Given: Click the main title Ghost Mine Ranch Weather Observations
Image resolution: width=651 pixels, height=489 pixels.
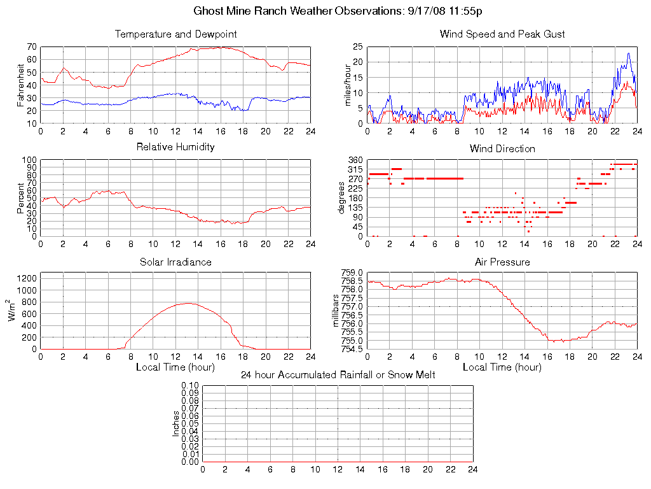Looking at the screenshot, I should [x=336, y=11].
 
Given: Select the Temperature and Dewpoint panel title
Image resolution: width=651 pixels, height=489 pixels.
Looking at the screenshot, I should [x=175, y=34].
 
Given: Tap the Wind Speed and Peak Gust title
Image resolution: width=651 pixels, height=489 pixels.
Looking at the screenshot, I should [x=502, y=34].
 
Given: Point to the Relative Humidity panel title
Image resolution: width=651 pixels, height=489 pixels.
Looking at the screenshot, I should [x=175, y=147].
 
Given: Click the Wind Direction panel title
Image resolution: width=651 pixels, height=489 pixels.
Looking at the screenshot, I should [x=502, y=148].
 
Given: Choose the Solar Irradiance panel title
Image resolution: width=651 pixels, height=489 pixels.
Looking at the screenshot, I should [x=175, y=262].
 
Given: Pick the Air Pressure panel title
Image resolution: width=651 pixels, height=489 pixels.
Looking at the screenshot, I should [x=502, y=262].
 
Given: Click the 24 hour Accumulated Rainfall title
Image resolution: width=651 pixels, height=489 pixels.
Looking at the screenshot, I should [x=338, y=375].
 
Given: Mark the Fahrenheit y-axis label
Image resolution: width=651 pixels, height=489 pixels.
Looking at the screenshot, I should [x=20, y=85].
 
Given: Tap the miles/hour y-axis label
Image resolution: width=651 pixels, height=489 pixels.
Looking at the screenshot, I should [x=347, y=85].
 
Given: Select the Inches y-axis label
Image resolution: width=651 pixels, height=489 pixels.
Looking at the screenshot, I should [x=176, y=423].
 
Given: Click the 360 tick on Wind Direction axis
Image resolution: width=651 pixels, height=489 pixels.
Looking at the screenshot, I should [x=355, y=160].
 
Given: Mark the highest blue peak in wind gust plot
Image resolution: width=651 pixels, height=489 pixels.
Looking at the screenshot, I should [x=628, y=53].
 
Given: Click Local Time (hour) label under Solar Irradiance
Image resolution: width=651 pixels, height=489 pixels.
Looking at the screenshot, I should [x=175, y=367].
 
